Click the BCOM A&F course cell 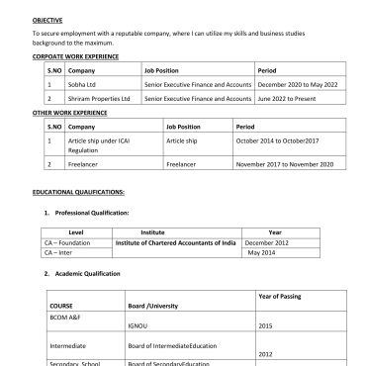tap(65, 316)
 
